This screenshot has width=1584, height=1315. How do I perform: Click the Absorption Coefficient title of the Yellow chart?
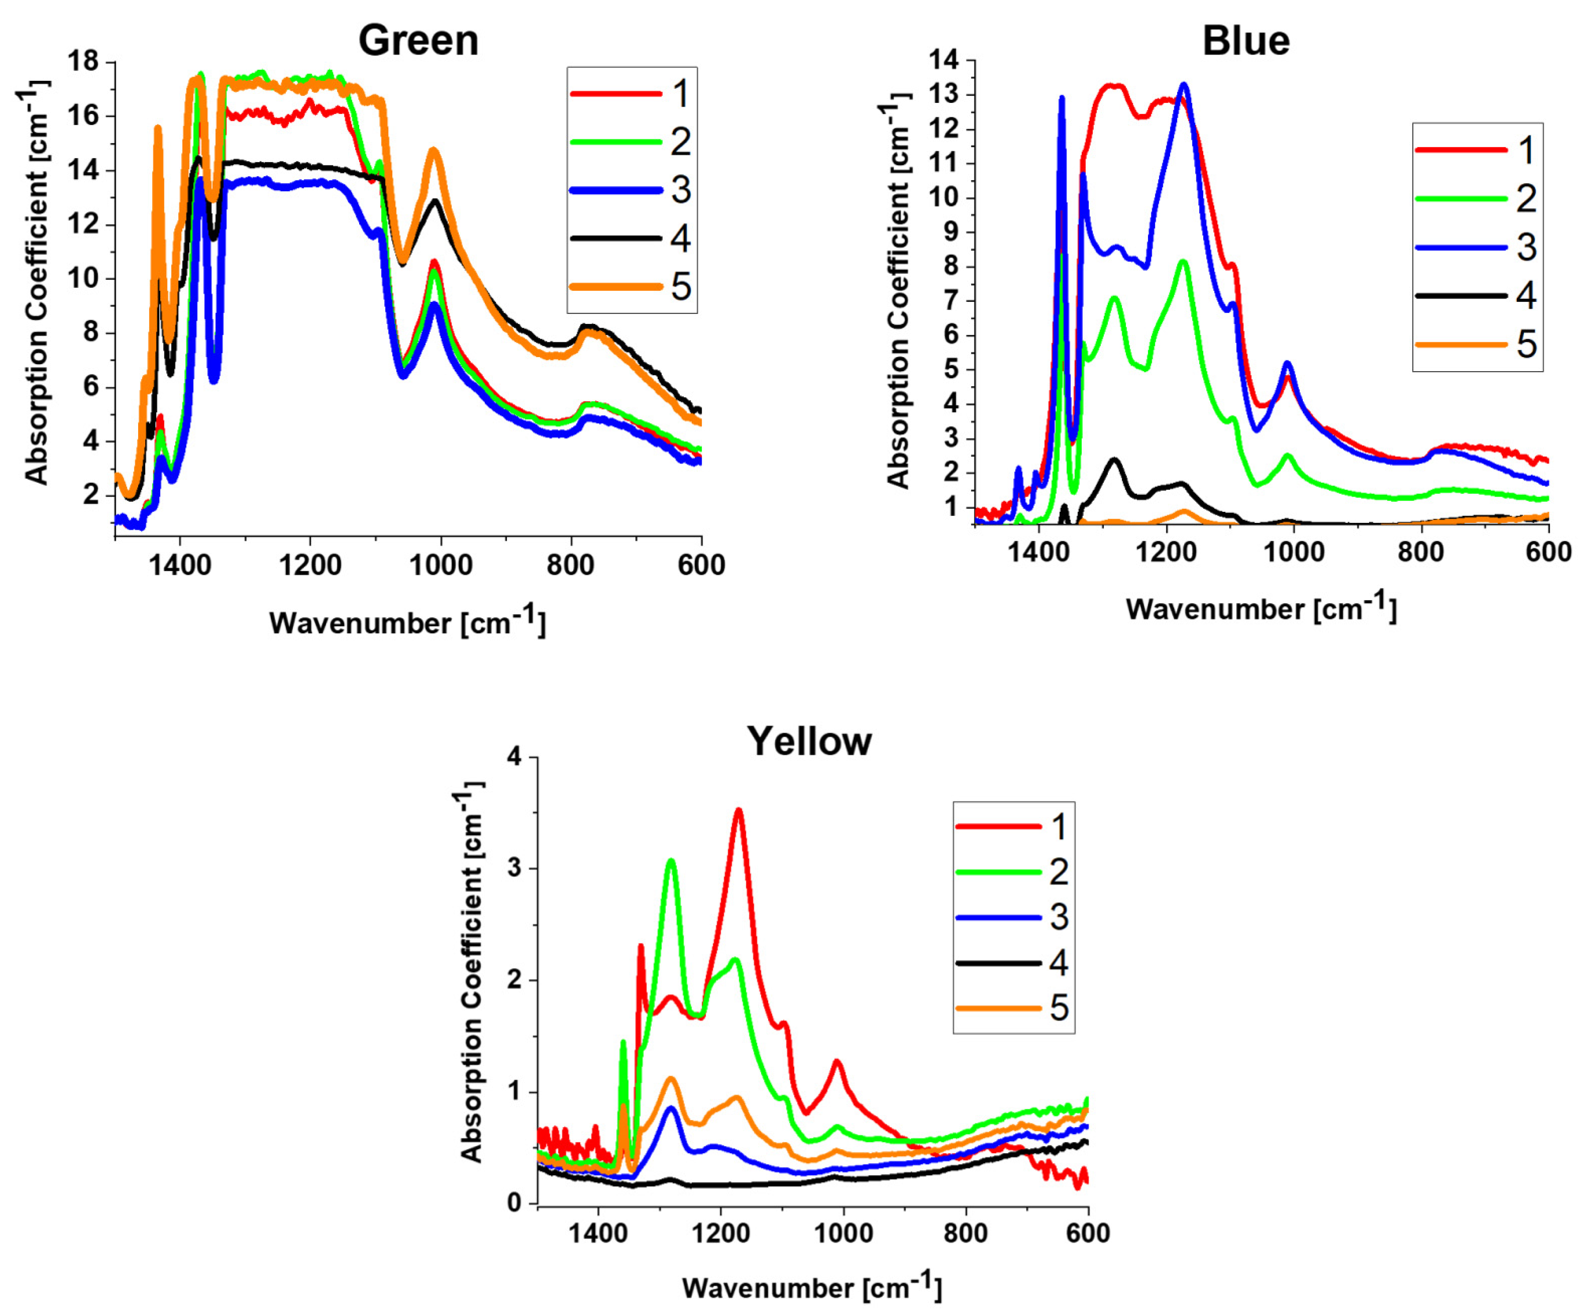[472, 973]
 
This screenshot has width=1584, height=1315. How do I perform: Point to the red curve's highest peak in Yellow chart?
[738, 811]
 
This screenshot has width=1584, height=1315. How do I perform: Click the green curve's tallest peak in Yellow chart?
[671, 860]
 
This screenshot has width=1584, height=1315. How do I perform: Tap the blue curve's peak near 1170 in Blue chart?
[1183, 85]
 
